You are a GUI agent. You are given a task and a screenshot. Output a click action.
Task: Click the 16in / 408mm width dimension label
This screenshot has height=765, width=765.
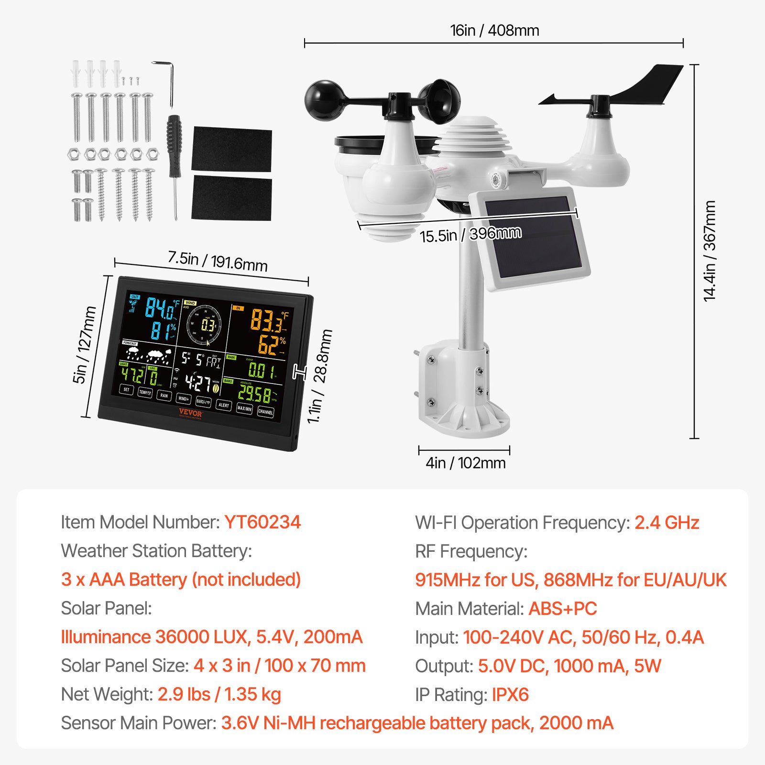pyautogui.click(x=494, y=31)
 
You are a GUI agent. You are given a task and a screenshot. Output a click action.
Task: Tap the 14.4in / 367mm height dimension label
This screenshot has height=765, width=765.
pyautogui.click(x=710, y=251)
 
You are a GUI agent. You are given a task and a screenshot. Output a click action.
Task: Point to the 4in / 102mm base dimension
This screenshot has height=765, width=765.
pyautogui.click(x=465, y=463)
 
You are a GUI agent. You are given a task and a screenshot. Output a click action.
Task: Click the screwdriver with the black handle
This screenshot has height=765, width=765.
pyautogui.click(x=174, y=158)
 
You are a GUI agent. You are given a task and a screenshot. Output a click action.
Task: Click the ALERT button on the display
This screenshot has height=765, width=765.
pyautogui.click(x=223, y=405)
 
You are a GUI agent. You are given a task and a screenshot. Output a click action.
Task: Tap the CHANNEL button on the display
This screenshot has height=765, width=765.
pyautogui.click(x=265, y=412)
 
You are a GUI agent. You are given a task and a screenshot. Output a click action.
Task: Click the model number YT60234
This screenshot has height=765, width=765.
pyautogui.click(x=262, y=522)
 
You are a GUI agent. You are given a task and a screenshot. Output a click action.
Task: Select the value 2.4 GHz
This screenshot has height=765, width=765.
pyautogui.click(x=667, y=523)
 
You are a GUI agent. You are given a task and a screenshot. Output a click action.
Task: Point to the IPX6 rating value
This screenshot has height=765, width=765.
pyautogui.click(x=510, y=695)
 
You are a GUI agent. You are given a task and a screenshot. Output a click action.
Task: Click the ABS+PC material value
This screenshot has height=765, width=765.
pyautogui.click(x=562, y=609)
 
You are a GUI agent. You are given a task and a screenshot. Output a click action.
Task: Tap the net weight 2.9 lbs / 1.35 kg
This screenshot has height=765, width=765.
pyautogui.click(x=219, y=694)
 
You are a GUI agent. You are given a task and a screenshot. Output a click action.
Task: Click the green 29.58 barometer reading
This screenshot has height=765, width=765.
pyautogui.click(x=254, y=393)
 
